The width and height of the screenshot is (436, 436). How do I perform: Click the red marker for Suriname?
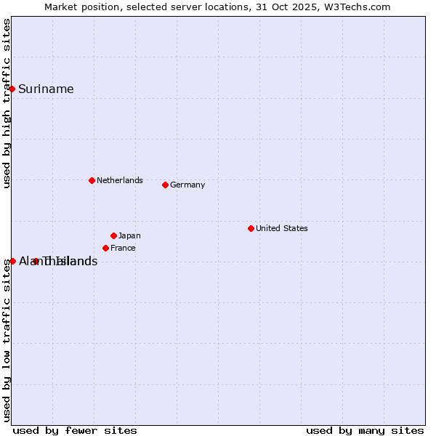click(12, 89)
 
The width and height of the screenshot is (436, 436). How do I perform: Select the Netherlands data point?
click(92, 180)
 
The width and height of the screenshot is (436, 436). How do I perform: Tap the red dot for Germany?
click(165, 185)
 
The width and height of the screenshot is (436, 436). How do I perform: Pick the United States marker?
click(251, 228)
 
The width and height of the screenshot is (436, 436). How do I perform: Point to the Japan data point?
click(113, 235)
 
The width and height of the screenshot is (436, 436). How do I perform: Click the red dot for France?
click(105, 248)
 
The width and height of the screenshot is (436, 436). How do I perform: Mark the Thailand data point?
click(36, 261)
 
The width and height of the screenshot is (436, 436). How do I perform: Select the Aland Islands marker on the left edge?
click(12, 261)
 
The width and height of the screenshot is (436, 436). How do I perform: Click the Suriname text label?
click(46, 89)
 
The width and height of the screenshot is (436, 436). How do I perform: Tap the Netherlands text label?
click(119, 180)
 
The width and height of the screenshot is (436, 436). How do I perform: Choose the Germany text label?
click(187, 185)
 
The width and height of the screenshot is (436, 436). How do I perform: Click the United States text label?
click(281, 228)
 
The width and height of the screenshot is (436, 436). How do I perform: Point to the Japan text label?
click(129, 235)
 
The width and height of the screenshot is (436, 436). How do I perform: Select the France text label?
click(123, 248)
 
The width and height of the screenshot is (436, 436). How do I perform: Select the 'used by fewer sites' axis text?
click(75, 430)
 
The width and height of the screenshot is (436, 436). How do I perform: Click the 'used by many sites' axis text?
click(365, 430)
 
